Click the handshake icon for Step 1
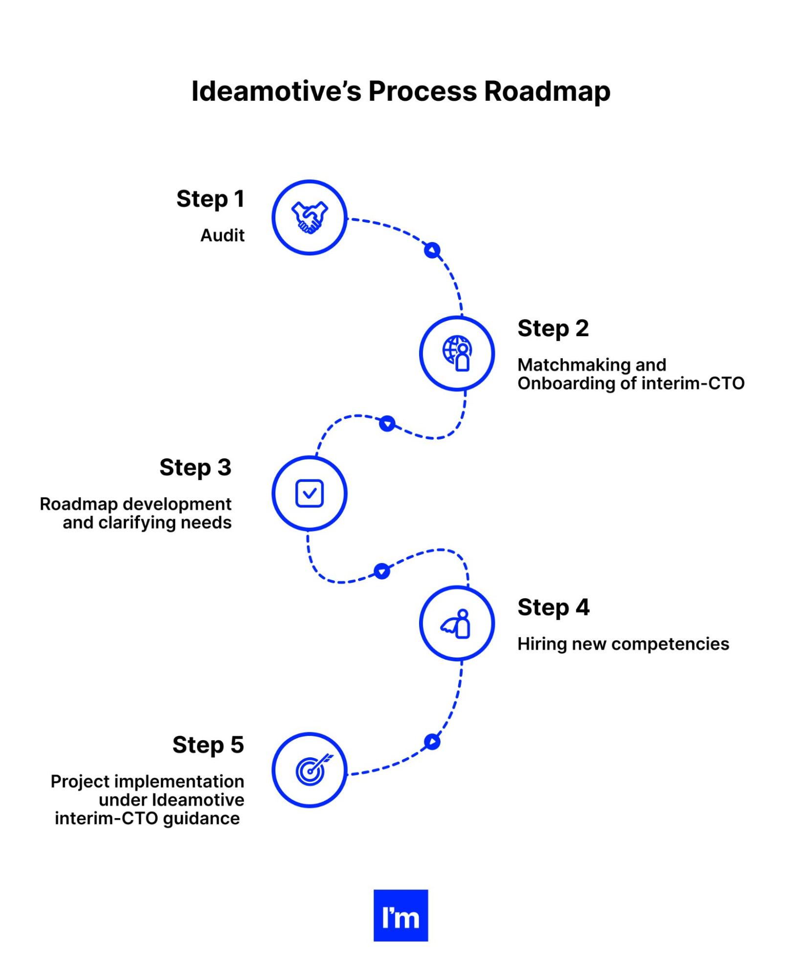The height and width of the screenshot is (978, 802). click(x=309, y=218)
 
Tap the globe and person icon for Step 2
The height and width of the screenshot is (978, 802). click(x=457, y=353)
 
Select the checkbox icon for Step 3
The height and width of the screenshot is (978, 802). click(x=309, y=493)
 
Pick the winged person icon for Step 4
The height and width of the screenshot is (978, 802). click(x=457, y=624)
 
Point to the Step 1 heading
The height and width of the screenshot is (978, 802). click(x=210, y=199)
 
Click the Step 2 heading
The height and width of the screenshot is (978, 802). click(x=553, y=328)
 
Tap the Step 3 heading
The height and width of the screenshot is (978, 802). click(x=195, y=468)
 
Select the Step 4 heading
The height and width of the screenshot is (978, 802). click(x=554, y=608)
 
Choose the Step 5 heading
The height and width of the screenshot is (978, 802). click(x=208, y=745)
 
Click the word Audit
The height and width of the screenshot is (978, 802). click(x=222, y=236)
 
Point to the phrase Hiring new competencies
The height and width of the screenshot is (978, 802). click(x=623, y=644)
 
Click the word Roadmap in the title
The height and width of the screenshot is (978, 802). click(x=547, y=91)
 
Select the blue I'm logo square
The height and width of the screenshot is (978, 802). click(x=401, y=915)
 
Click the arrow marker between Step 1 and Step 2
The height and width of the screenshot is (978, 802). click(x=432, y=250)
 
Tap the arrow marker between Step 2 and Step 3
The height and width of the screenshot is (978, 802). click(x=387, y=423)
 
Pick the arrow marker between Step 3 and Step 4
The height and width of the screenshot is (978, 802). click(x=381, y=571)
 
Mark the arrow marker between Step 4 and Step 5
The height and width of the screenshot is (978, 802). click(x=432, y=742)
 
